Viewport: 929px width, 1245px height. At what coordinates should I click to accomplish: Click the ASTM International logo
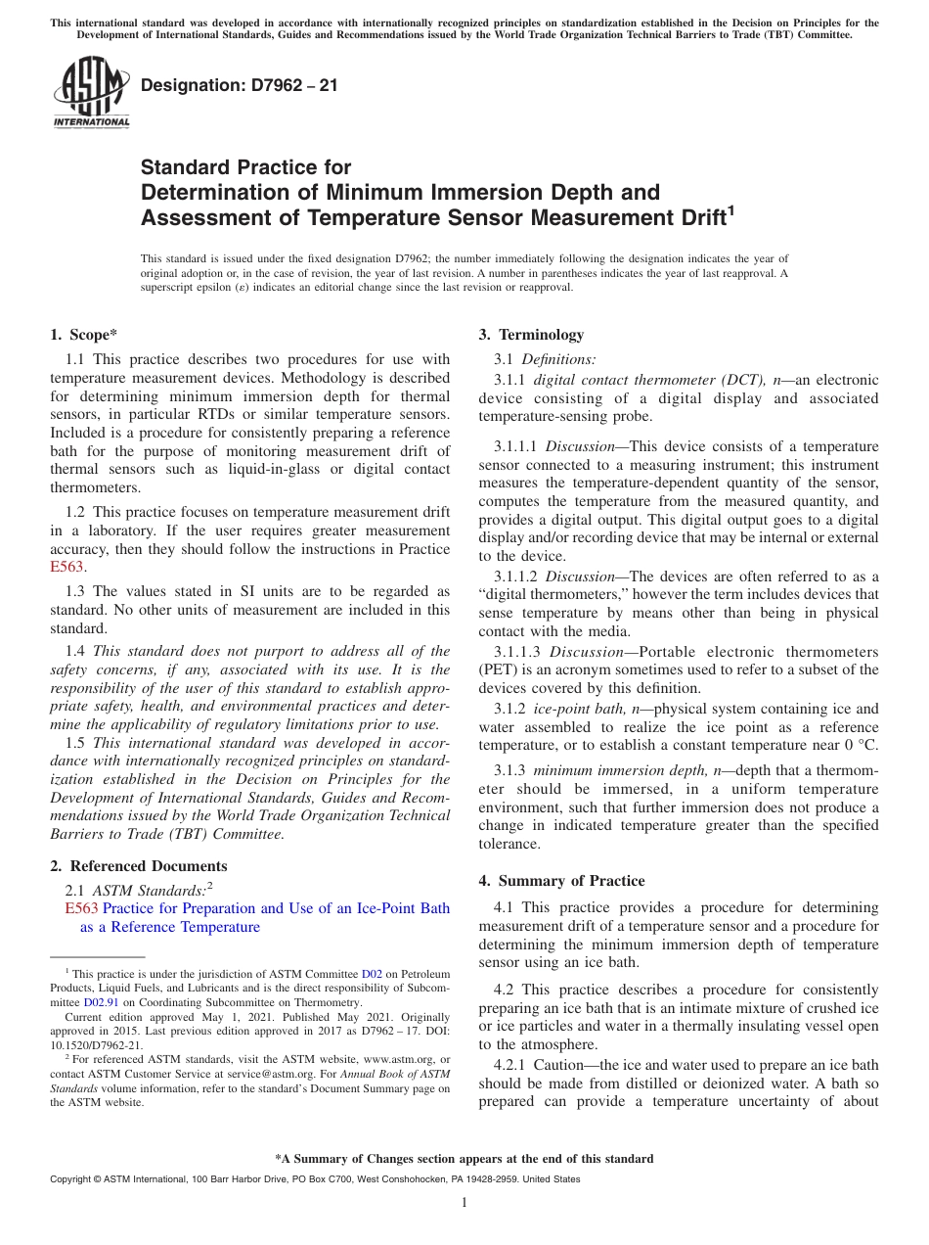point(90,92)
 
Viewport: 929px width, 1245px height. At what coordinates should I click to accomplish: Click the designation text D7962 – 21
point(240,85)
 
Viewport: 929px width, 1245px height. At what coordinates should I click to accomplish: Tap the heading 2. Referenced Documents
point(139,866)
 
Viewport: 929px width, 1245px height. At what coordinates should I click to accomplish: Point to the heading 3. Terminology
point(531,335)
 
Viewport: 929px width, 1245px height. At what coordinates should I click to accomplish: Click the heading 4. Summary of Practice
point(561,881)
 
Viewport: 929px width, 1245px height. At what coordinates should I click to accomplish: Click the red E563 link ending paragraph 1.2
point(66,567)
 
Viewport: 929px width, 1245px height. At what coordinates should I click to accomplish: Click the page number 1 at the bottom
point(464,1202)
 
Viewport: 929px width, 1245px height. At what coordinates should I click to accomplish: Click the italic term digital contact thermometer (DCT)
point(650,380)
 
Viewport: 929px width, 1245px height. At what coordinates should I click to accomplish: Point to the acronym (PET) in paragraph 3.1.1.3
point(497,669)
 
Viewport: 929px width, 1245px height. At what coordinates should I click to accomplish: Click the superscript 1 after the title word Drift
point(730,207)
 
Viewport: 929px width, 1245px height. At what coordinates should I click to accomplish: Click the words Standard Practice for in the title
point(245,167)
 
